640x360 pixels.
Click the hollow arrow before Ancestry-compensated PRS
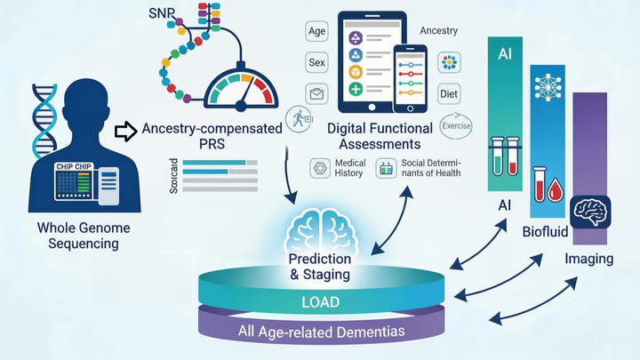(x=124, y=132)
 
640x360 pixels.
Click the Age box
(x=317, y=33)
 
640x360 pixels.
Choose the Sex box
(x=317, y=62)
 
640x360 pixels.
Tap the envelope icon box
(x=317, y=92)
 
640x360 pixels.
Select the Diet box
(x=448, y=94)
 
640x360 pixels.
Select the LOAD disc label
(x=319, y=302)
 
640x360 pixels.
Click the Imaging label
(x=589, y=259)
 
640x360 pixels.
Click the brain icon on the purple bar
(x=589, y=211)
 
